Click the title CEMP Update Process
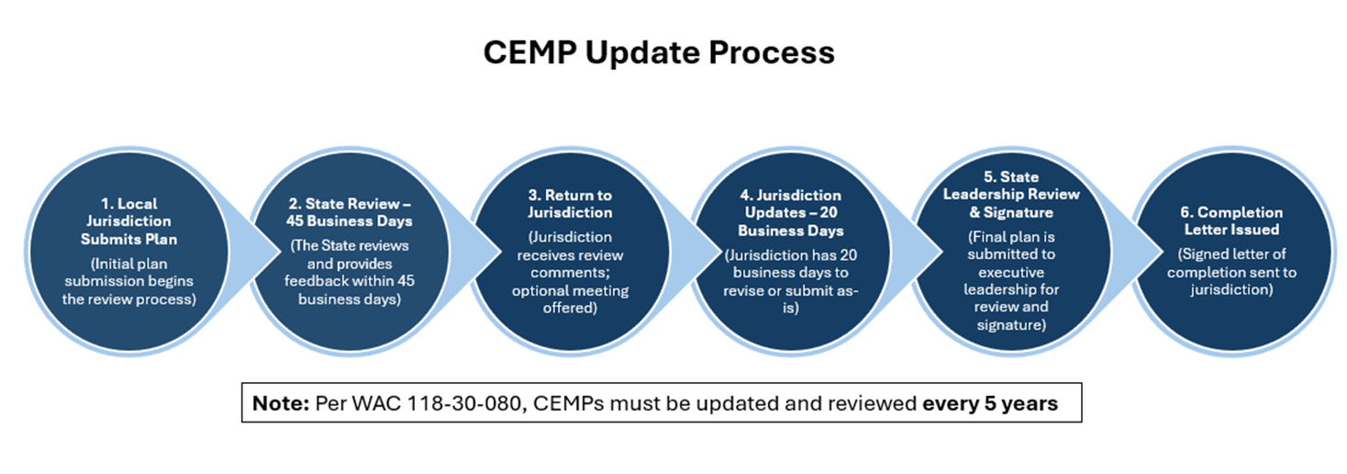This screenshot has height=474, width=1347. tap(659, 52)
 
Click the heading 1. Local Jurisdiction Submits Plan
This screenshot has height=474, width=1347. tap(129, 221)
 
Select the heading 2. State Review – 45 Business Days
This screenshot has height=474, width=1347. tap(350, 212)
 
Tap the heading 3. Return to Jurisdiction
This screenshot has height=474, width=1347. tap(570, 204)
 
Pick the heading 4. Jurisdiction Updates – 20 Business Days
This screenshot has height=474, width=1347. tap(791, 212)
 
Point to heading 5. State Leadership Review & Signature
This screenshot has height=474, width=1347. tap(1011, 195)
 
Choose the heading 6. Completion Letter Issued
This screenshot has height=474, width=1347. tap(1231, 220)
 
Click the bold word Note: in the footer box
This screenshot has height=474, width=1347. tap(281, 403)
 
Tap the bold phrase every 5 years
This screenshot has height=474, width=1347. tap(990, 403)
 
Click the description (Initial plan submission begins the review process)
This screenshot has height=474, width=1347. tap(129, 281)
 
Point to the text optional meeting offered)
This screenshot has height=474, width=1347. tap(570, 299)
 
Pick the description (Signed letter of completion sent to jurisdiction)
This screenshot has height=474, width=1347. tap(1231, 272)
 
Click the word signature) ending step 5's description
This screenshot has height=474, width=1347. tap(1011, 325)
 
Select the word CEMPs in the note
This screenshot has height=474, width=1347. tap(568, 403)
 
